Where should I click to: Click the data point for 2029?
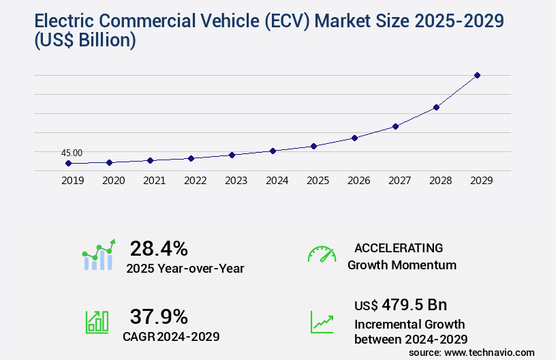point(477,75)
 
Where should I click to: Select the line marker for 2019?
point(68,164)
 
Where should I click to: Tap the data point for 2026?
point(354,138)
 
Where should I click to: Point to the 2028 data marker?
point(436,107)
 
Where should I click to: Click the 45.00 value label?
point(72,153)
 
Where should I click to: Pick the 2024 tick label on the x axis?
point(277,181)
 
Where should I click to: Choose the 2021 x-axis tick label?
point(154,181)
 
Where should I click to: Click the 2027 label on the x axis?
point(399,181)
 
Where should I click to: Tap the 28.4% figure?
point(159,248)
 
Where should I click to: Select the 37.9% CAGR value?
point(159,316)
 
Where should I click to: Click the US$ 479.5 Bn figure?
point(401,305)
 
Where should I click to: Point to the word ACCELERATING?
point(399,248)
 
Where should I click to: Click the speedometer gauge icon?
point(322,254)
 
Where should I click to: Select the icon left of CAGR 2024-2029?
point(97,322)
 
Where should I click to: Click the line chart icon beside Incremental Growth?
point(322,322)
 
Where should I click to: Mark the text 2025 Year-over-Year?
point(185,269)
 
